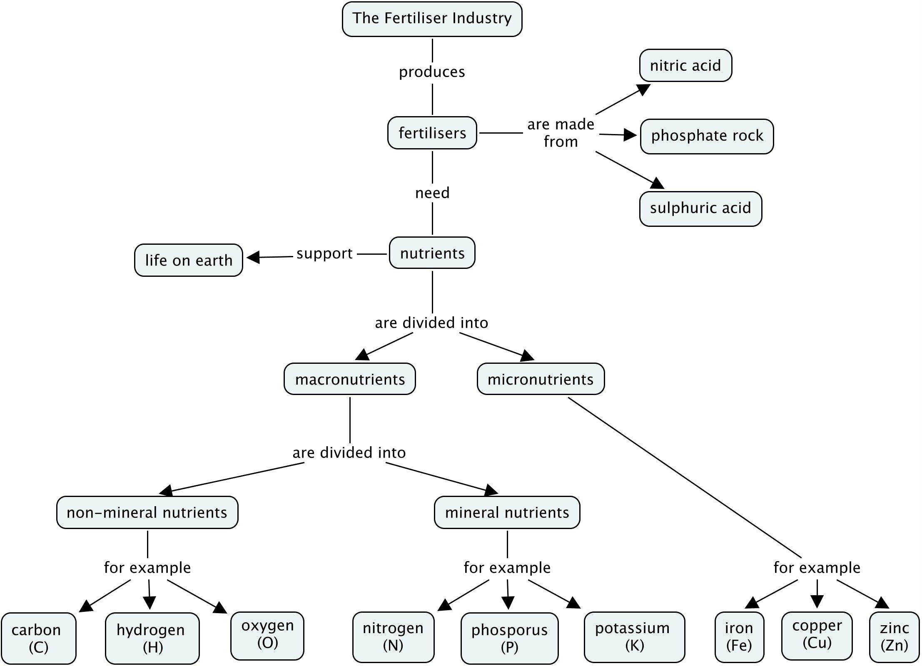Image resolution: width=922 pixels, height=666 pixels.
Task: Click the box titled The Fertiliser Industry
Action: (x=432, y=19)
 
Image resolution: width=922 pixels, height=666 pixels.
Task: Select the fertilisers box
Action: (x=432, y=133)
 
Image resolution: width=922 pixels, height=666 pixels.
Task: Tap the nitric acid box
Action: (x=685, y=65)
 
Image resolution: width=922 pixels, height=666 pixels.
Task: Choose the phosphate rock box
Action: (x=707, y=136)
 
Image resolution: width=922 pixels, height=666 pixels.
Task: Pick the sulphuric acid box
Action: (x=700, y=209)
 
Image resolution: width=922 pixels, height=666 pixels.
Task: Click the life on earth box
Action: (x=188, y=260)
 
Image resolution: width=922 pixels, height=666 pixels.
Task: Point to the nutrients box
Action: (x=432, y=253)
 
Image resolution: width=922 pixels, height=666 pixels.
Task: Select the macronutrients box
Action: (x=350, y=379)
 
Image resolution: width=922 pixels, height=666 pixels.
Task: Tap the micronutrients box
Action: (x=541, y=379)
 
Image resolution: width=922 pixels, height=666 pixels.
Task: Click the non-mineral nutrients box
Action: (x=147, y=512)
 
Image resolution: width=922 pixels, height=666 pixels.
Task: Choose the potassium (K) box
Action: (x=634, y=636)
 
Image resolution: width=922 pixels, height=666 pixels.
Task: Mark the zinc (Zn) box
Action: (x=894, y=636)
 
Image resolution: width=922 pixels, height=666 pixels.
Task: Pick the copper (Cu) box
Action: (x=817, y=636)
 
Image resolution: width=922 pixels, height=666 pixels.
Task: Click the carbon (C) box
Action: (x=38, y=638)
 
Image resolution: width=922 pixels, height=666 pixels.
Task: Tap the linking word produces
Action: (x=432, y=72)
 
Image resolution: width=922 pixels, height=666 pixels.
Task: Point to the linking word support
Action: (x=324, y=253)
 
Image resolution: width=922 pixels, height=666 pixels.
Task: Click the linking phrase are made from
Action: (x=561, y=133)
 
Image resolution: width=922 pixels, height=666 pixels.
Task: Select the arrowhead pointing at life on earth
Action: (x=254, y=257)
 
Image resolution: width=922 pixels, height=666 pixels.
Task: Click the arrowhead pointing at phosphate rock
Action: (x=630, y=135)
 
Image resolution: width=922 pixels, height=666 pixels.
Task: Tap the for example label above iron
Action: (x=817, y=568)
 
